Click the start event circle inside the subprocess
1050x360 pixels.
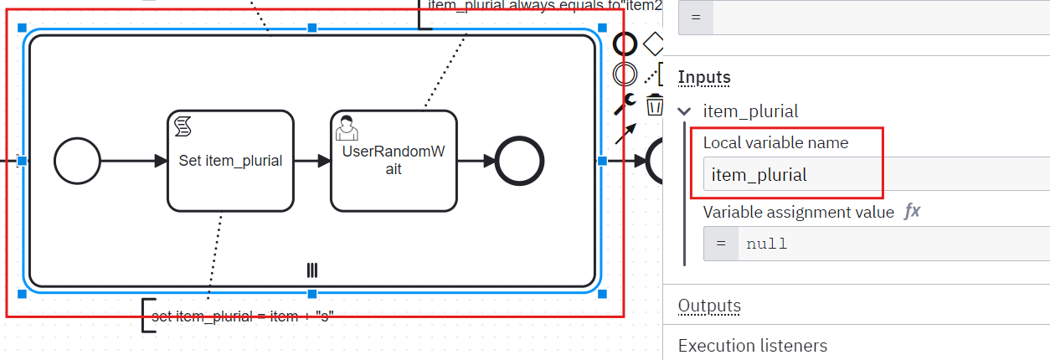(x=77, y=161)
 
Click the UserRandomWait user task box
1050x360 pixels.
(x=394, y=161)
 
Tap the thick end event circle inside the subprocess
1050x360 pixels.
(x=519, y=161)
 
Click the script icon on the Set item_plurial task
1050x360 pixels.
(x=183, y=126)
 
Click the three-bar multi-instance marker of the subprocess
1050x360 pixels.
(x=312, y=270)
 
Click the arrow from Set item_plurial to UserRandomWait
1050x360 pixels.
(x=311, y=161)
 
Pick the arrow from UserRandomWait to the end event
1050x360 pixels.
(x=476, y=161)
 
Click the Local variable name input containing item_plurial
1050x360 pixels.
(x=792, y=175)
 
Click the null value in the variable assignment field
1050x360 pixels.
(x=767, y=244)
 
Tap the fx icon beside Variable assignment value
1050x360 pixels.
(x=913, y=212)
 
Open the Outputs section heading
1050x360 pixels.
(x=709, y=306)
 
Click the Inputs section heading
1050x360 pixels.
(x=704, y=77)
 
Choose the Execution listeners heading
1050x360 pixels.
(x=752, y=346)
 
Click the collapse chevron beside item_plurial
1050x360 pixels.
(x=685, y=111)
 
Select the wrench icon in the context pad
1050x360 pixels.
(x=625, y=105)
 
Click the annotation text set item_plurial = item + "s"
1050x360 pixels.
(x=243, y=316)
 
